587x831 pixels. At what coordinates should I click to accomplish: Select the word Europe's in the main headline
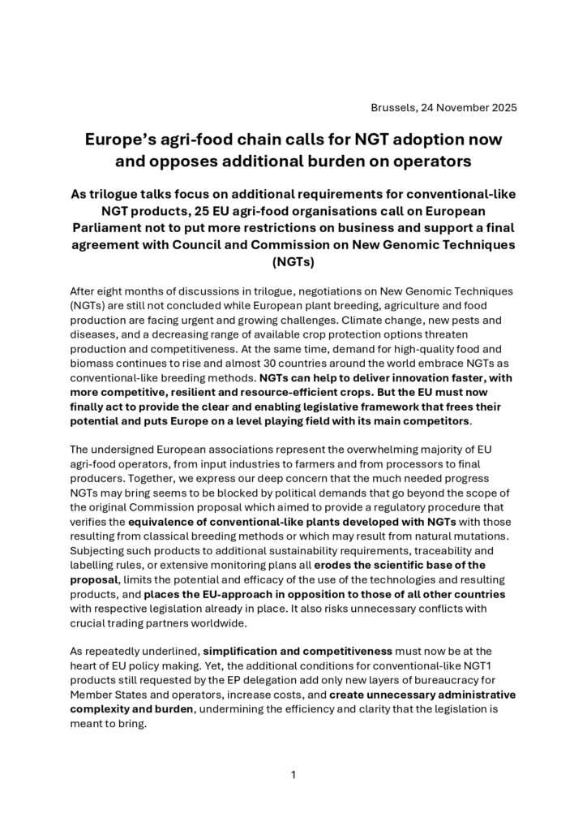point(123,140)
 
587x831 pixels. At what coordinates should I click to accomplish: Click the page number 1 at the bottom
point(293,774)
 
